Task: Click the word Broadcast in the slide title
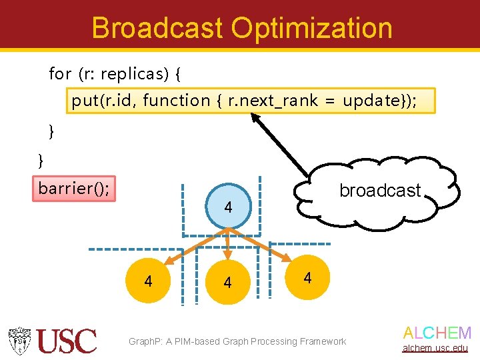157,28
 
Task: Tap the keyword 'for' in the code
60,73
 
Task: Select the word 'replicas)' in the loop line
135,73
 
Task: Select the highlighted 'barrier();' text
74,189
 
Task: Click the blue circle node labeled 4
228,207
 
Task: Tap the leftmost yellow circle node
148,281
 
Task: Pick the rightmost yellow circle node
307,277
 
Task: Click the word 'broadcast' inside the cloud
380,191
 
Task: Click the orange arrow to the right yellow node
260,245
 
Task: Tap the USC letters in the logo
67,341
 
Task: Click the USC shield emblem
21,341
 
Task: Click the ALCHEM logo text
437,333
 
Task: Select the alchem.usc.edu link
437,348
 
